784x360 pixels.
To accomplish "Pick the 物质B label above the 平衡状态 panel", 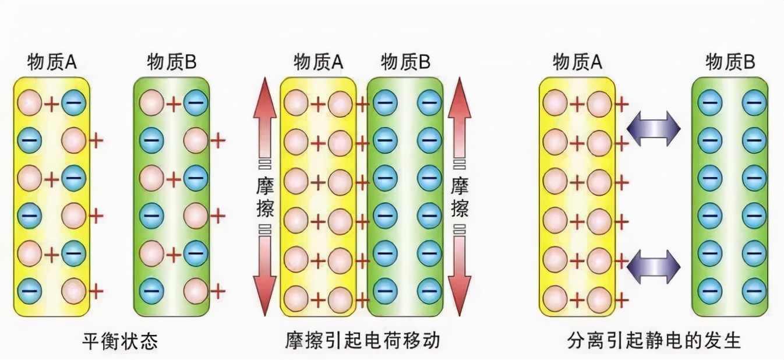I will pyautogui.click(x=172, y=62).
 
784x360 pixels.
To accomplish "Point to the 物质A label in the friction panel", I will pyautogui.click(x=319, y=62).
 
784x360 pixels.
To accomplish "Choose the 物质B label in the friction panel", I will pyautogui.click(x=405, y=62).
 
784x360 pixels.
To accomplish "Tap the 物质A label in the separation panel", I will pyautogui.click(x=577, y=62).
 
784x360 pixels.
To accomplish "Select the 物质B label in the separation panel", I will pyautogui.click(x=730, y=62).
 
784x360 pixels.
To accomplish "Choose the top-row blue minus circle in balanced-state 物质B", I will pyautogui.click(x=196, y=104).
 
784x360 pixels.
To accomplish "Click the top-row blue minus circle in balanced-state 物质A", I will pyautogui.click(x=74, y=104).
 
